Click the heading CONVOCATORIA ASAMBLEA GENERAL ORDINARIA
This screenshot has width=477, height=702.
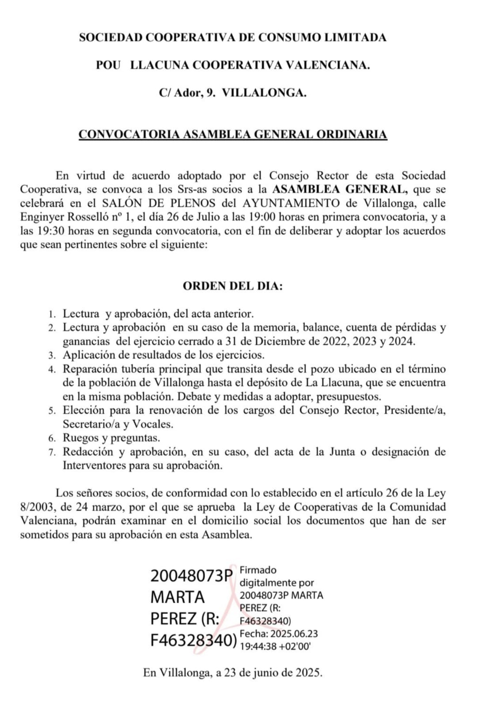pyautogui.click(x=233, y=134)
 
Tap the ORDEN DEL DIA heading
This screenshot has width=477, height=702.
pyautogui.click(x=233, y=286)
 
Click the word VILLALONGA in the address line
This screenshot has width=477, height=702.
pyautogui.click(x=264, y=93)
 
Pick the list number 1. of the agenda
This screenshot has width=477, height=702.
pyautogui.click(x=52, y=315)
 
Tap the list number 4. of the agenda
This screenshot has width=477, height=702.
pyautogui.click(x=52, y=369)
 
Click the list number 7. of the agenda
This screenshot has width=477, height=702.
pyautogui.click(x=52, y=452)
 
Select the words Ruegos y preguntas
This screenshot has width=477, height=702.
pyautogui.click(x=111, y=438)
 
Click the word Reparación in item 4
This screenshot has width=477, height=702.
pyautogui.click(x=90, y=369)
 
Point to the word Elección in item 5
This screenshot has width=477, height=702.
pyautogui.click(x=83, y=410)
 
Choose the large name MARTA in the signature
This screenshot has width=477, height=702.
pyautogui.click(x=178, y=597)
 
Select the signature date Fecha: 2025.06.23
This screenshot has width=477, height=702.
pyautogui.click(x=279, y=634)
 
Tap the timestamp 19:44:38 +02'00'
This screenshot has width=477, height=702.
pyautogui.click(x=275, y=646)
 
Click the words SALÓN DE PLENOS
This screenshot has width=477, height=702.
pyautogui.click(x=159, y=203)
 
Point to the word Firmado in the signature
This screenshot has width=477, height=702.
pyautogui.click(x=258, y=570)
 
